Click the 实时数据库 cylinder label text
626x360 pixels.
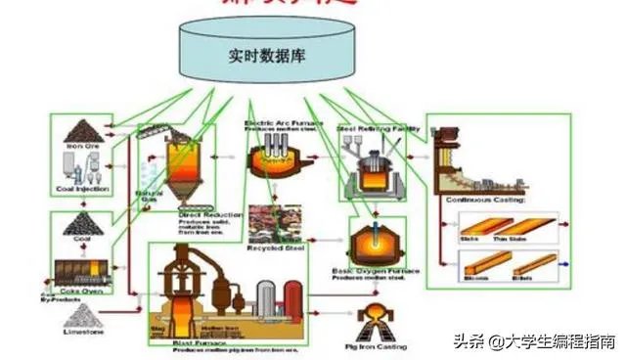pyautogui.click(x=266, y=56)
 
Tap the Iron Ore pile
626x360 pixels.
pyautogui.click(x=82, y=131)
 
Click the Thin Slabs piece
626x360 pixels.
pyautogui.click(x=537, y=225)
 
